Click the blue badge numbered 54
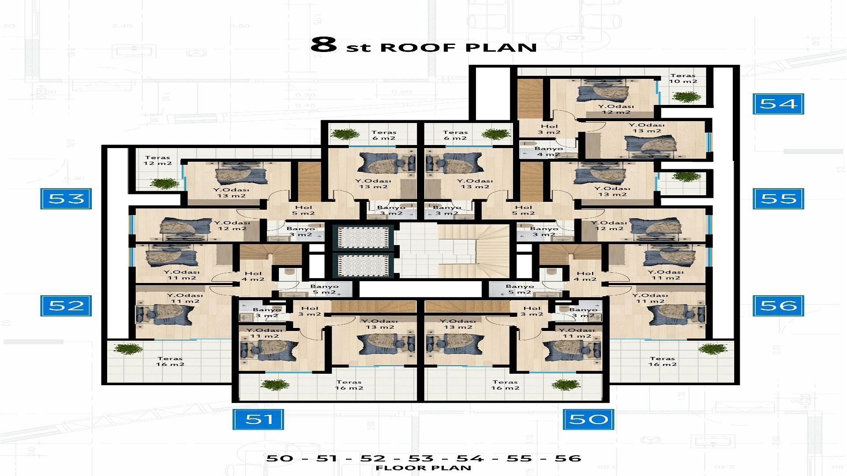point(778,104)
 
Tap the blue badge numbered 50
point(588,419)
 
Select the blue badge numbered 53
point(66,198)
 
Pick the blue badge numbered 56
point(778,305)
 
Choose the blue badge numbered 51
point(258,419)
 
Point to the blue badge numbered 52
point(66,305)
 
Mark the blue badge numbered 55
point(778,198)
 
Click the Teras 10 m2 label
point(682,78)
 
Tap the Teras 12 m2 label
point(157,160)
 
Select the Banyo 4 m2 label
point(548,152)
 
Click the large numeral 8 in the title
point(323,45)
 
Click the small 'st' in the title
point(358,48)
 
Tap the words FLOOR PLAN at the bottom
point(423,468)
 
